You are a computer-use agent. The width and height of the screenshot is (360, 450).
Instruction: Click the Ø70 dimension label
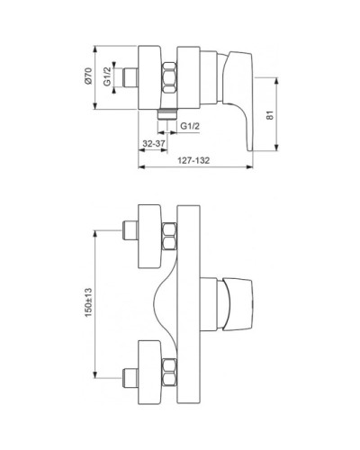click(88, 76)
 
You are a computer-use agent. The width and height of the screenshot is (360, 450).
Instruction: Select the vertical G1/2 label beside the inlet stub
click(107, 76)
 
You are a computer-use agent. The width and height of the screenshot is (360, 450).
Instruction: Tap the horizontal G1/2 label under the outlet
click(190, 126)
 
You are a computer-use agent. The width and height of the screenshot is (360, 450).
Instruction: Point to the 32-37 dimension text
click(154, 143)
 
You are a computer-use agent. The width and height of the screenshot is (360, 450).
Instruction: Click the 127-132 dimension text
click(193, 160)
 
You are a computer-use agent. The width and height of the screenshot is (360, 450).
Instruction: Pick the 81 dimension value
click(271, 115)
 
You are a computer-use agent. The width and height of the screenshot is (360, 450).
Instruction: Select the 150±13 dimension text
click(88, 302)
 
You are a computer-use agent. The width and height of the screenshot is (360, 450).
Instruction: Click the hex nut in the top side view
click(169, 77)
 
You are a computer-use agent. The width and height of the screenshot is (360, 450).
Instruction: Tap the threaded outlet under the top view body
click(167, 114)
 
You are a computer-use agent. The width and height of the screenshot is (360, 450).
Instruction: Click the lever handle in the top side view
click(240, 99)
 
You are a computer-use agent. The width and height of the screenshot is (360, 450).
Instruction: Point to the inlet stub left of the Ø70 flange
click(130, 77)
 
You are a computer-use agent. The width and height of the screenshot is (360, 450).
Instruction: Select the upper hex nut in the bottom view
click(169, 237)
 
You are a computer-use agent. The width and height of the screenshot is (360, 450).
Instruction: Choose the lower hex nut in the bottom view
click(169, 372)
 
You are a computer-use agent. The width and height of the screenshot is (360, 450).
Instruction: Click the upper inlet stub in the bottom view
click(130, 230)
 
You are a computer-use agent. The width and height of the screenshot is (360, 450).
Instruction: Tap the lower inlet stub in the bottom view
click(130, 378)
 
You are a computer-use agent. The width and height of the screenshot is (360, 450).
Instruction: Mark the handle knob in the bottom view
click(238, 304)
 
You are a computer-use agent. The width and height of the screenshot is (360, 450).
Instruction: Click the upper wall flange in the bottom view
click(149, 237)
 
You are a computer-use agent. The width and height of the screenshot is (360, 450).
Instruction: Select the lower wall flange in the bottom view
click(149, 372)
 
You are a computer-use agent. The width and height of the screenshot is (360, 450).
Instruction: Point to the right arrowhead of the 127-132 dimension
click(249, 166)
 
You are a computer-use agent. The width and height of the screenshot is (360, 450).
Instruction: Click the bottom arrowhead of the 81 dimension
click(276, 147)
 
